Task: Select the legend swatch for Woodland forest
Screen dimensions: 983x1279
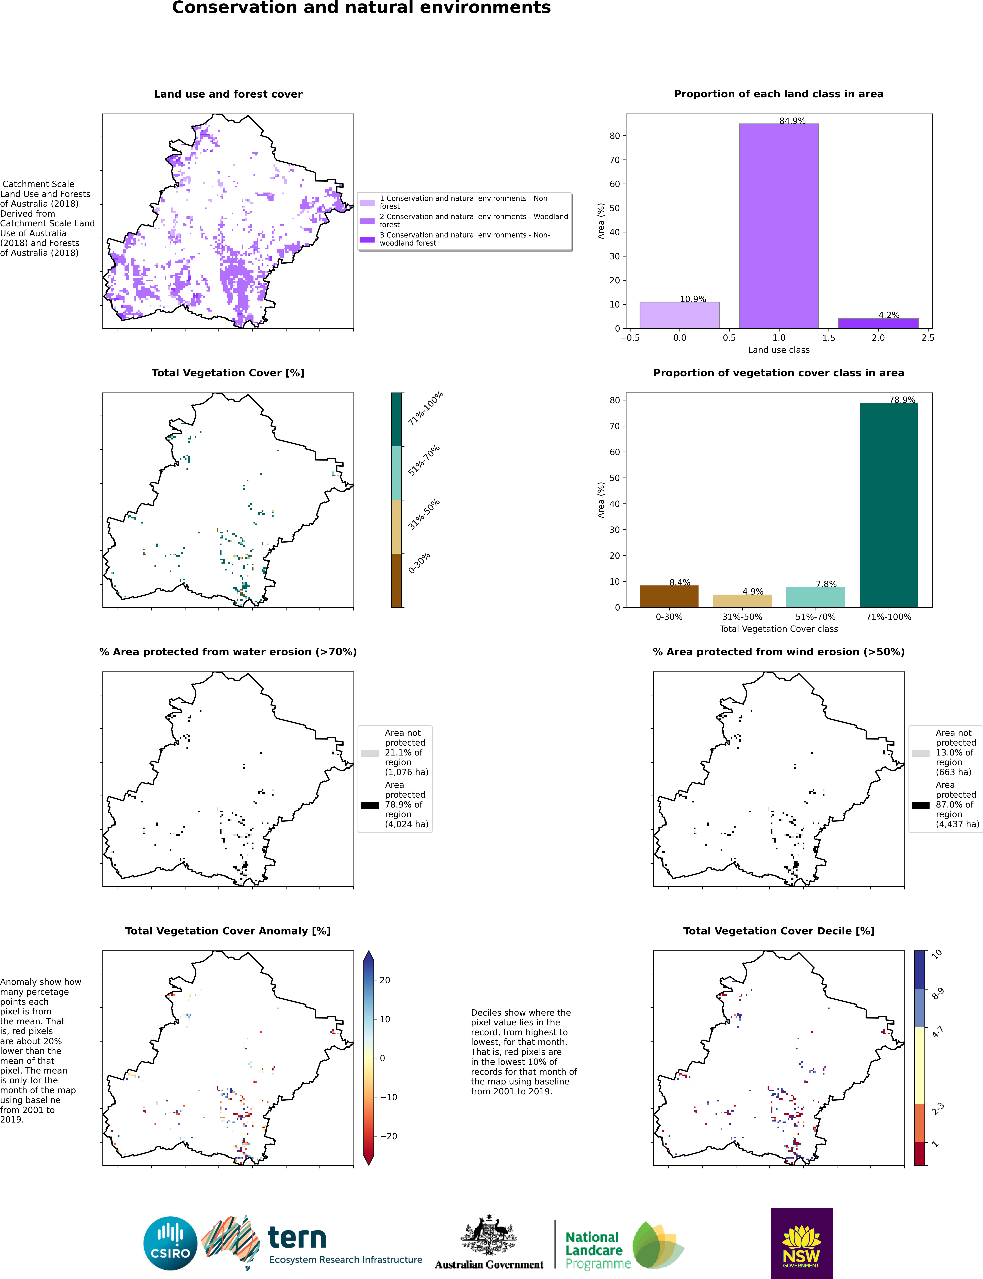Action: (367, 221)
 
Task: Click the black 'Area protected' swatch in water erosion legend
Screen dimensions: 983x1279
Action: (370, 805)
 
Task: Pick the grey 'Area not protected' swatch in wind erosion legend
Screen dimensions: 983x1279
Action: (920, 753)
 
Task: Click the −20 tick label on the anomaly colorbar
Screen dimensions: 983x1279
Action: (389, 1136)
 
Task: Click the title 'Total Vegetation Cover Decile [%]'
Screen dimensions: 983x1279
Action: (779, 931)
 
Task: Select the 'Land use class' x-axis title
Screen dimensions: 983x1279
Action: (779, 350)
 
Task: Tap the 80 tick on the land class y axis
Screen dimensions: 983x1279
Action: (614, 136)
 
